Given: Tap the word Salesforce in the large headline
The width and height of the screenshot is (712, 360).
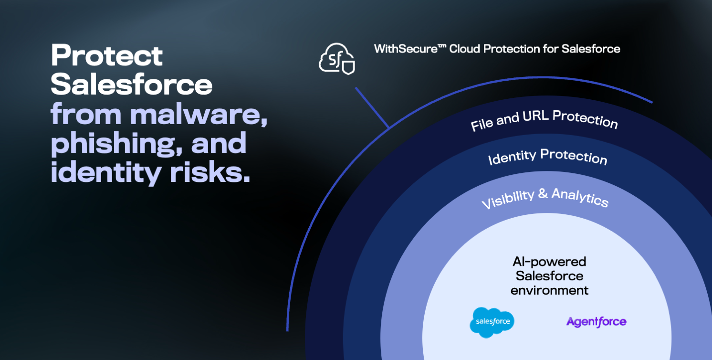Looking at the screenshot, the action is click(131, 85).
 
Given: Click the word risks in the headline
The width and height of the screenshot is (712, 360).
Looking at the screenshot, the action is click(210, 172).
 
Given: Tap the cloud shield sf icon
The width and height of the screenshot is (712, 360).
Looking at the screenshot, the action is click(337, 59).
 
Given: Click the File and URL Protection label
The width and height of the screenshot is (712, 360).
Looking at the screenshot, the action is click(544, 119).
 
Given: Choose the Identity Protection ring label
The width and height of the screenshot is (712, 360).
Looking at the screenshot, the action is click(547, 157).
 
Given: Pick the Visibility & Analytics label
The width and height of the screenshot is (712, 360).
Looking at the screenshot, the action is click(545, 198).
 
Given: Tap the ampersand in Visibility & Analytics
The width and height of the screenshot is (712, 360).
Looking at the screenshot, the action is click(543, 193).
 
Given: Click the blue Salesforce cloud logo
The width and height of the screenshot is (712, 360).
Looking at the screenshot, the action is click(492, 322).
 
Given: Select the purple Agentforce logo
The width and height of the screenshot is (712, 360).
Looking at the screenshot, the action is click(597, 322).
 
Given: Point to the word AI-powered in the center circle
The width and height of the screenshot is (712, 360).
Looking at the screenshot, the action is click(549, 262).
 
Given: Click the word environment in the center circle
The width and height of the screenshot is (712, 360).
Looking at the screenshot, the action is click(549, 290).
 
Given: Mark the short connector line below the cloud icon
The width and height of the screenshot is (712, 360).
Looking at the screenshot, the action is click(372, 107).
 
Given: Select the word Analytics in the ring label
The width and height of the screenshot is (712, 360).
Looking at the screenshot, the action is click(580, 197).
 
